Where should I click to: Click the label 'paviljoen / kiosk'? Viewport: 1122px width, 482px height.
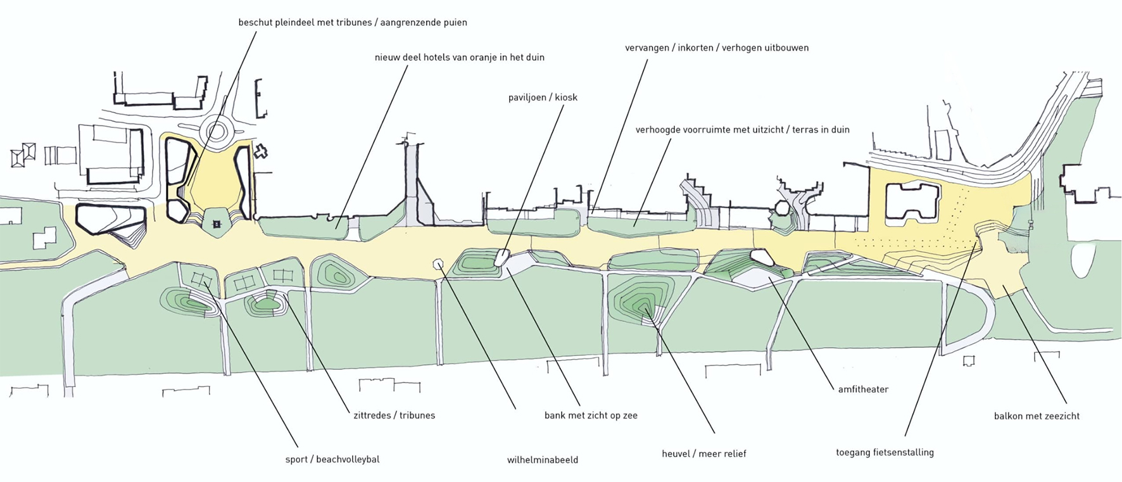(543, 98)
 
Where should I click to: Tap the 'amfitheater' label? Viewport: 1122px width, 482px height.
(863, 390)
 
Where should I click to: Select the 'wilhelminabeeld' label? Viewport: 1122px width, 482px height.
(543, 460)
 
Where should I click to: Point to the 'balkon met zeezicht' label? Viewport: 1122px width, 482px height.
(1037, 416)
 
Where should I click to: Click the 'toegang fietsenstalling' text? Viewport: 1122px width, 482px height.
(885, 452)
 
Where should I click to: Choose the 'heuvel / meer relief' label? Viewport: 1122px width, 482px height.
(704, 453)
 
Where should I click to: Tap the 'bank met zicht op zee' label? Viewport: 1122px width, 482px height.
(591, 415)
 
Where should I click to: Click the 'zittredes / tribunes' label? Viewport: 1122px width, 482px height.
(394, 415)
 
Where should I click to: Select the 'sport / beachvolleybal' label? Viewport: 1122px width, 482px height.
(332, 459)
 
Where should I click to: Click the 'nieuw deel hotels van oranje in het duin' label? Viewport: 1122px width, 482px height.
(459, 57)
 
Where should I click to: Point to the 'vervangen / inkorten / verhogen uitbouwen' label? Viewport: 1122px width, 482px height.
(716, 48)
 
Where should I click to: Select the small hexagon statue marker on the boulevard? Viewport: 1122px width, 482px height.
(438, 263)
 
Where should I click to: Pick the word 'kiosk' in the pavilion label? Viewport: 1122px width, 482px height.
(565, 98)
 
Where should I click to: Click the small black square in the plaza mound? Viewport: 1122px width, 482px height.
(217, 224)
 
